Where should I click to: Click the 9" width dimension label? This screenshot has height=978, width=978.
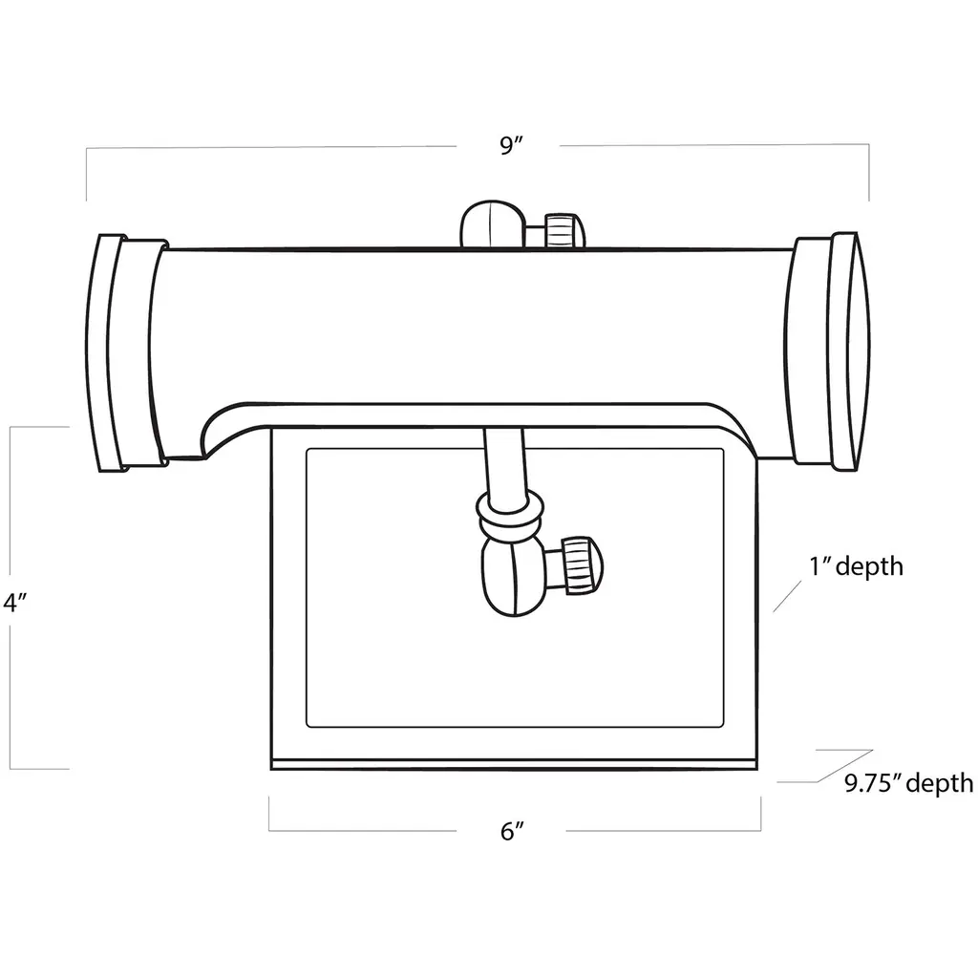tap(510, 145)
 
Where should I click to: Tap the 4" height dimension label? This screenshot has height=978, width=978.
tap(14, 603)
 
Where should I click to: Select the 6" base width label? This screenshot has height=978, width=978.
tap(512, 831)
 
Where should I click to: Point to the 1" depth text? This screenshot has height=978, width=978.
tap(856, 566)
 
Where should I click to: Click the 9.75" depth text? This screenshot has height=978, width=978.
tap(909, 783)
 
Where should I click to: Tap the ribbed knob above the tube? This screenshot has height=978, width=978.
tap(563, 230)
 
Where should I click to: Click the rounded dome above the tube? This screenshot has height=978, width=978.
tap(493, 223)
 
